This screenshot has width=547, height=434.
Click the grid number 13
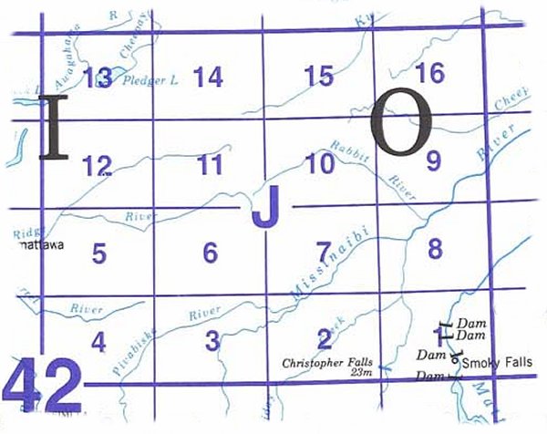coord(97,78)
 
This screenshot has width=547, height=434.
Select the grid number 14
coord(208,77)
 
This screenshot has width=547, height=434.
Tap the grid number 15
coord(319,76)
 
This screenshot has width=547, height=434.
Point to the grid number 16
coord(429,73)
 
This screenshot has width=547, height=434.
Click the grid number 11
coord(210,165)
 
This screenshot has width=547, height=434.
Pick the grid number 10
coord(321,164)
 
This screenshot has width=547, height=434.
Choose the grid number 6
coord(210,253)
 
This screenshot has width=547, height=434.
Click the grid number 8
coord(435,247)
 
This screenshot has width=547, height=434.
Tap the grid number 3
coord(212,341)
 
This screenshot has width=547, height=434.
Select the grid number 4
coord(98,342)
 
